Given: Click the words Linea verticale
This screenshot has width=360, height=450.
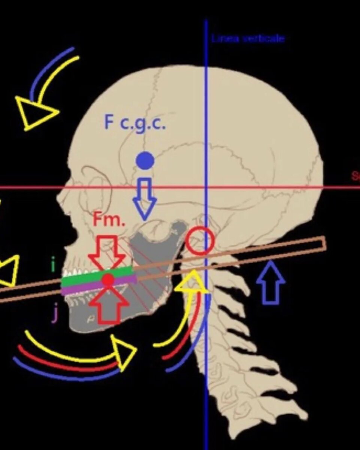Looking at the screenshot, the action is click(247, 39).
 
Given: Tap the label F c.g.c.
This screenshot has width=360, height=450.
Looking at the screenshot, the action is click(135, 123).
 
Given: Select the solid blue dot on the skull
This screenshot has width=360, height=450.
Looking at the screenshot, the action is click(145, 161).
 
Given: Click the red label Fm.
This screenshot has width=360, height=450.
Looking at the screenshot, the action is click(109, 220).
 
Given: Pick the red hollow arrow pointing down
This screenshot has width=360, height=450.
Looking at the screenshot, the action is click(107, 251).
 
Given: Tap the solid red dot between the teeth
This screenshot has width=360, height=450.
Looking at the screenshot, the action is click(108, 279).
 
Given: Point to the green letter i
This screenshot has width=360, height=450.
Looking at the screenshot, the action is click(53, 265).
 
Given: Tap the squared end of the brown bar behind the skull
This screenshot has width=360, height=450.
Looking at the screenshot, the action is click(322, 244).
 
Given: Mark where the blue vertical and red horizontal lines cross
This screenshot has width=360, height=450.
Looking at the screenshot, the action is click(206, 187).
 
